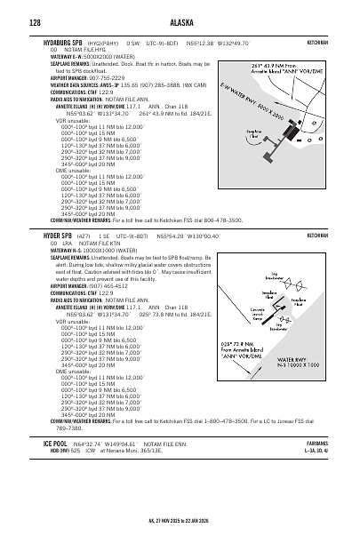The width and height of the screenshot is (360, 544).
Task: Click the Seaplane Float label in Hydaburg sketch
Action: point(256,134)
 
